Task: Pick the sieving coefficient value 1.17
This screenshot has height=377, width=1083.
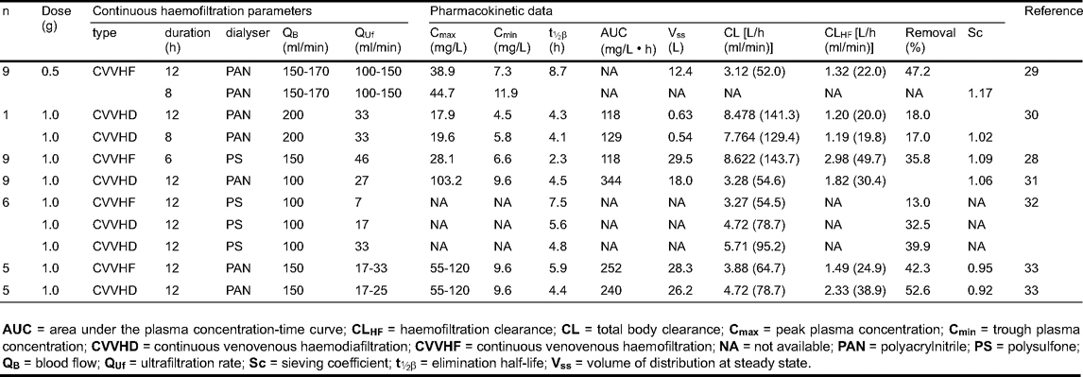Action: point(977,94)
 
